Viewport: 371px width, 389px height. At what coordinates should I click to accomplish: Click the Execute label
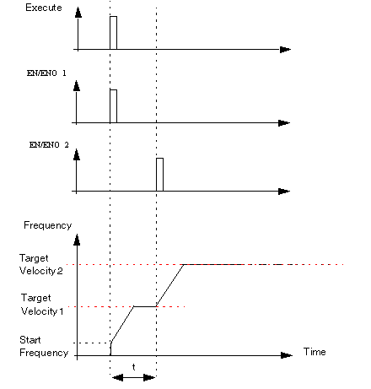[44, 8]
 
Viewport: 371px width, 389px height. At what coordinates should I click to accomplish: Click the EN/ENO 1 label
[46, 73]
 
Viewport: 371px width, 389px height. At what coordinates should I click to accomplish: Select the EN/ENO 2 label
[49, 145]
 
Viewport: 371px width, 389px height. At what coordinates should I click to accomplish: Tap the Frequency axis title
[47, 225]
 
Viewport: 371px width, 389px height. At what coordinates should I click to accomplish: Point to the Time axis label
[315, 352]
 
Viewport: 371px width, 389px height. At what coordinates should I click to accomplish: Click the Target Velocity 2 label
[41, 264]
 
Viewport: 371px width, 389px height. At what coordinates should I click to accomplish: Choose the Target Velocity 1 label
[42, 305]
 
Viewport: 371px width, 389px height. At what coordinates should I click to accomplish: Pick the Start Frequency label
[44, 346]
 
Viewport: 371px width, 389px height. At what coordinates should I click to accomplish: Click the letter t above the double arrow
[133, 367]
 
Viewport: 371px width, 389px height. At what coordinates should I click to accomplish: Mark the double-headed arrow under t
[133, 377]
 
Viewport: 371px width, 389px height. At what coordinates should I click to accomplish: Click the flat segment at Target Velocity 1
[145, 306]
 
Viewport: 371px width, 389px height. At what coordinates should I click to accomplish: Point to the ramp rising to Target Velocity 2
[169, 285]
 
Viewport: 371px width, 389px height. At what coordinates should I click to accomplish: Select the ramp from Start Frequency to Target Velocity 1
[122, 324]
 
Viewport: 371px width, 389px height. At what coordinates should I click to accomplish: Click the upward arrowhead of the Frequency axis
[77, 240]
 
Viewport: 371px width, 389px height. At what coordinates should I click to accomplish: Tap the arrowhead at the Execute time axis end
[285, 50]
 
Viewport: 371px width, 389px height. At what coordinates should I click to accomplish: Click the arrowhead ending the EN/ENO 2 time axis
[284, 192]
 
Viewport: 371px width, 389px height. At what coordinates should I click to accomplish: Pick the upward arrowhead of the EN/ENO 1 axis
[77, 86]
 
